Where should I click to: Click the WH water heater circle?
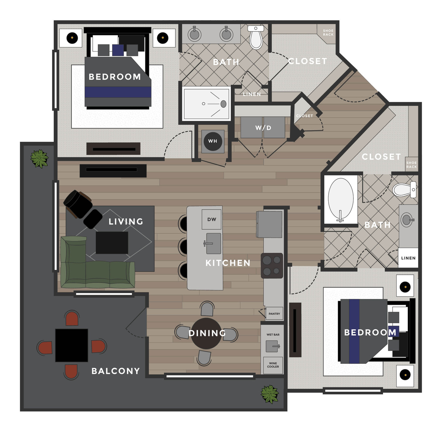[x=213, y=141]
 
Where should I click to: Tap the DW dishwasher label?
[x=212, y=219]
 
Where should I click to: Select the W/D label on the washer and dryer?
[x=263, y=128]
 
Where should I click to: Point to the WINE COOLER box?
[x=273, y=365]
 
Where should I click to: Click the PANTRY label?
[x=274, y=313]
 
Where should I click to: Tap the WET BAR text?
[x=273, y=335]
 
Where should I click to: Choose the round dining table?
[x=206, y=333]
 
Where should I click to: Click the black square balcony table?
[x=72, y=345]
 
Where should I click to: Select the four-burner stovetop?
[x=272, y=266]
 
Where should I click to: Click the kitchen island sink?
[x=213, y=243]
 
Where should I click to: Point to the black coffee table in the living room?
[x=112, y=243]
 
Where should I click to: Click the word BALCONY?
[x=116, y=371]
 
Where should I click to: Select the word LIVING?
[x=126, y=221]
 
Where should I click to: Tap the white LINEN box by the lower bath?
[x=408, y=258]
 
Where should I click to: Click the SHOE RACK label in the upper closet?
[x=328, y=32]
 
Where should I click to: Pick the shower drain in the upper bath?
[x=223, y=104]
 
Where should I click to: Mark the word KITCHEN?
[x=228, y=263]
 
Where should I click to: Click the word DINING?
[x=207, y=333]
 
